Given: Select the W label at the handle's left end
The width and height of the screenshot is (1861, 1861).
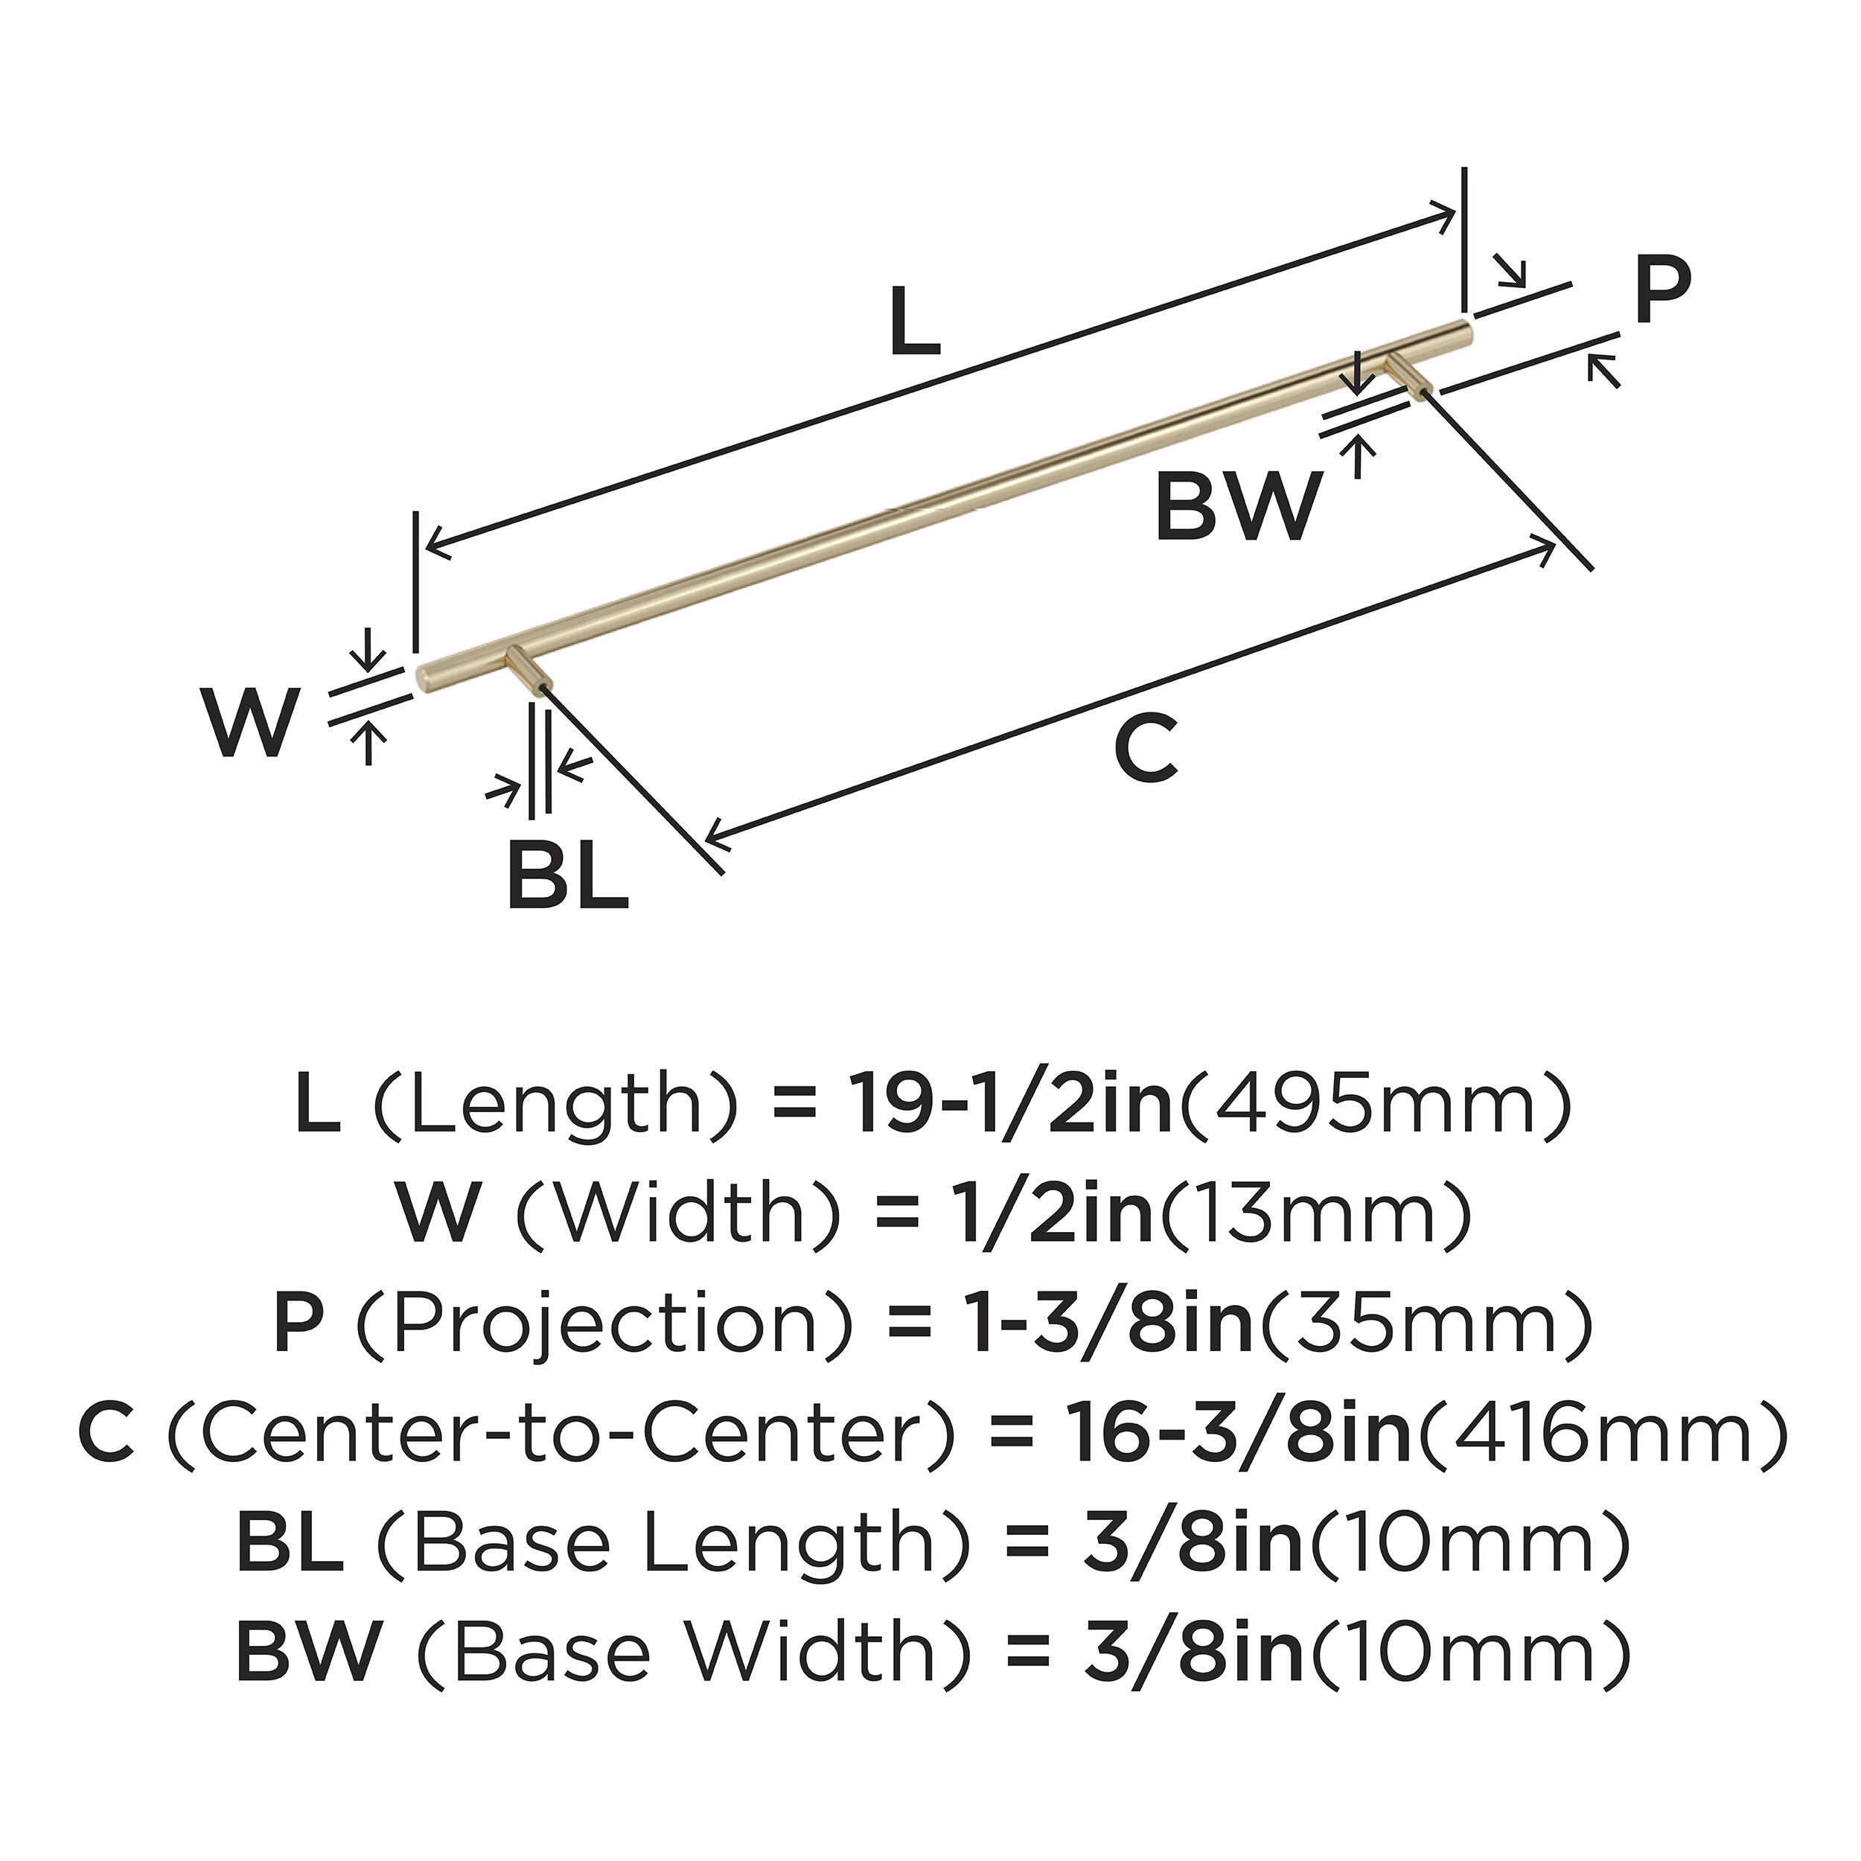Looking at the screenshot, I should click(249, 724).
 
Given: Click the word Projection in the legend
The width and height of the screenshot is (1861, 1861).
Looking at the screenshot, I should click(606, 1327).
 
